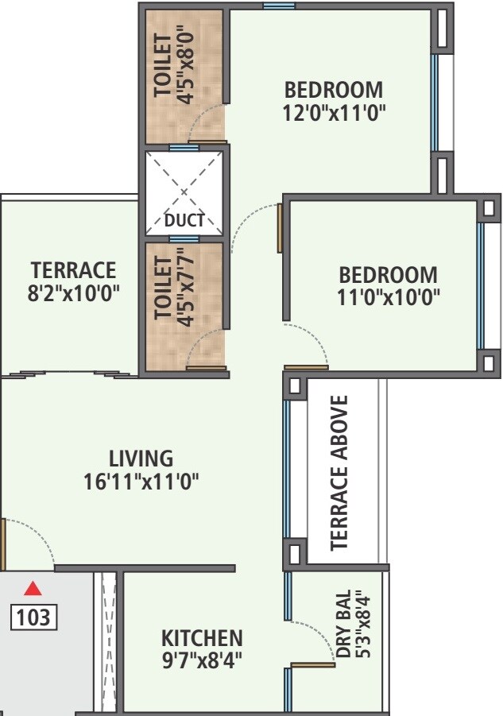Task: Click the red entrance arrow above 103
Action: pos(33,589)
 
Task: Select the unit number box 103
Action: pos(33,616)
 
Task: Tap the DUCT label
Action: pos(184,221)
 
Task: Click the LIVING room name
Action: pos(141,459)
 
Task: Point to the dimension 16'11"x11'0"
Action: pos(141,481)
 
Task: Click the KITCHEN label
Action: pos(202,638)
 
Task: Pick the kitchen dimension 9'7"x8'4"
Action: pos(202,660)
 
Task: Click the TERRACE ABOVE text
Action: pos(341,472)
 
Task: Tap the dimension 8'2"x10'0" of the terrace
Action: pos(73,292)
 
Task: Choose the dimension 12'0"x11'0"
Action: pos(334,112)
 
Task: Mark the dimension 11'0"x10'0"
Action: pos(389,297)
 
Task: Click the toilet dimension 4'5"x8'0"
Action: pos(188,67)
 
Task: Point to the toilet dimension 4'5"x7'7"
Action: pos(188,287)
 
